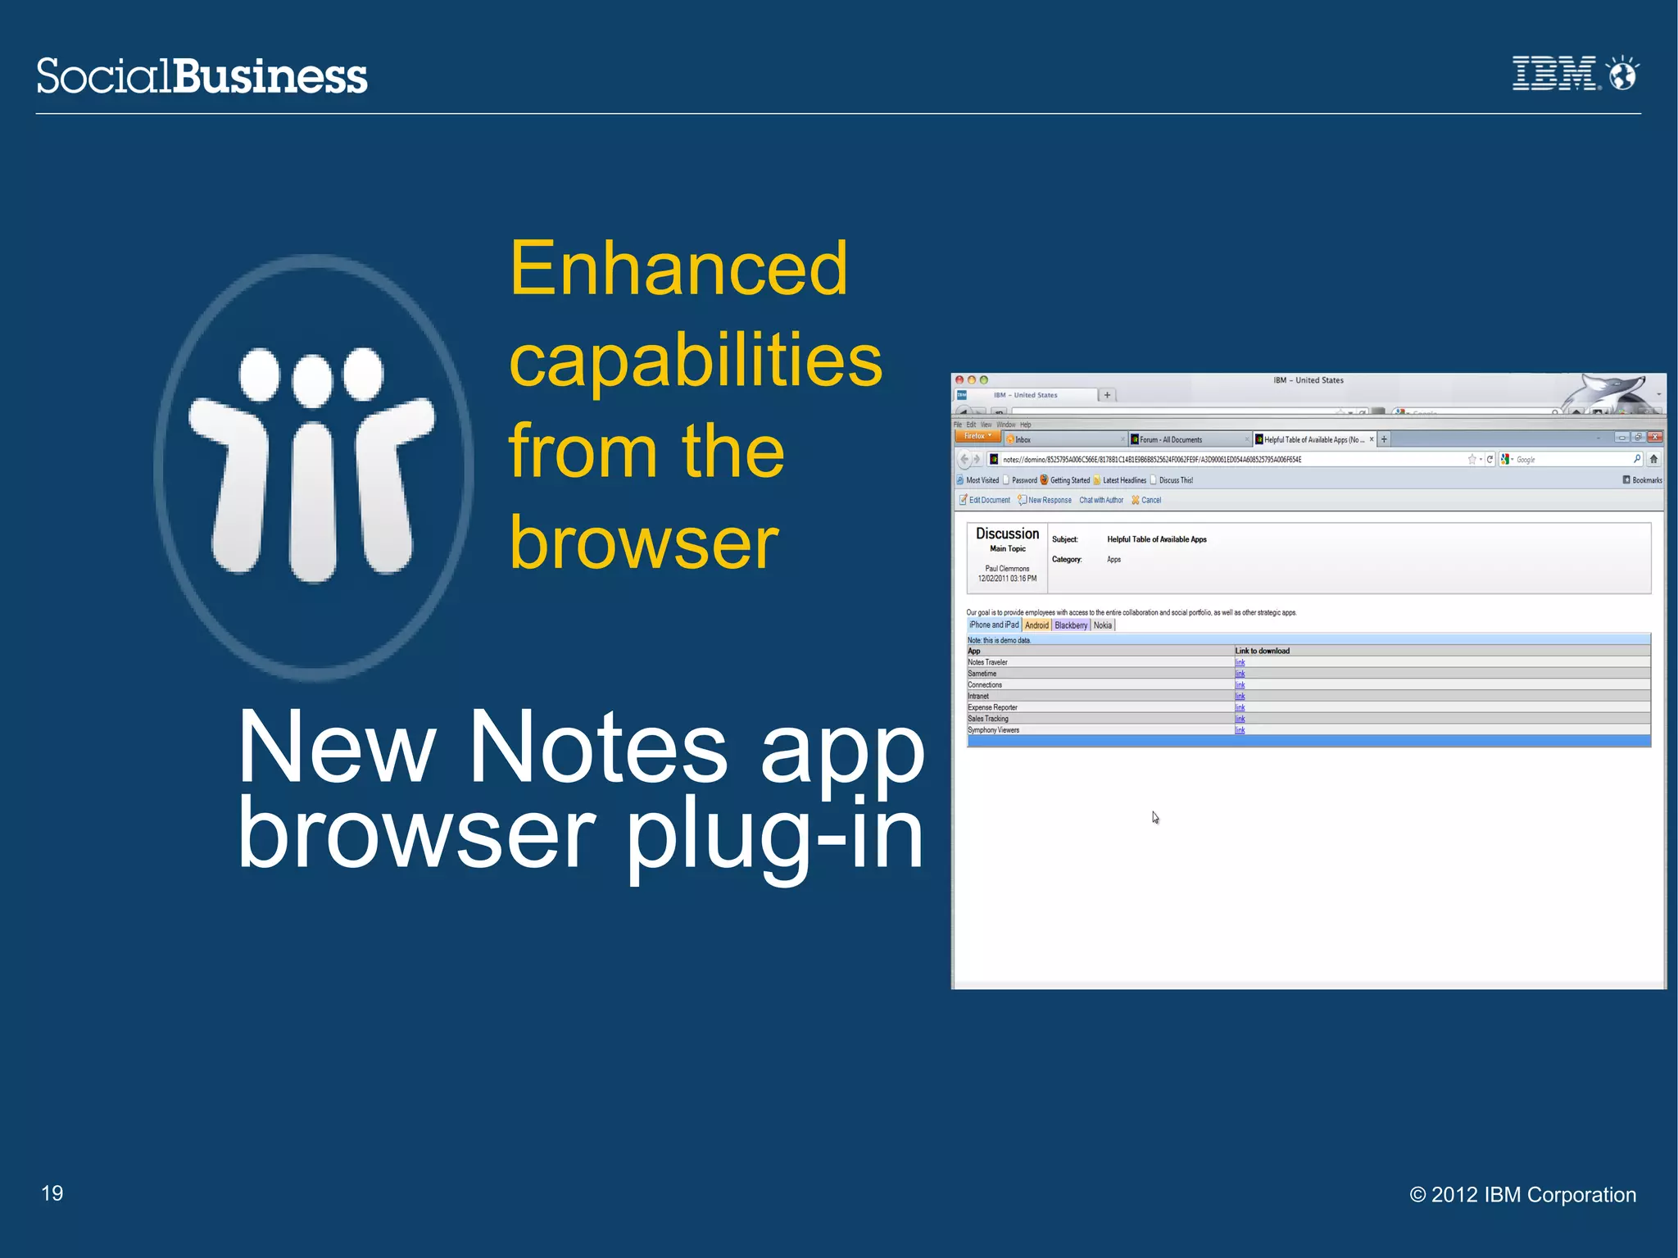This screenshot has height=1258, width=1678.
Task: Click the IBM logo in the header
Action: (1553, 74)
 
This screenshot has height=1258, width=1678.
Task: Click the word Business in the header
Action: (270, 76)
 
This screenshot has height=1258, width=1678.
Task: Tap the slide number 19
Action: (52, 1193)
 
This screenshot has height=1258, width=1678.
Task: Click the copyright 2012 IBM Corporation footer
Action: (1522, 1195)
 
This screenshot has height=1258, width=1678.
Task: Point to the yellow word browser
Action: (644, 543)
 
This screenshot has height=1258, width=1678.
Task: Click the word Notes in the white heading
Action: (597, 747)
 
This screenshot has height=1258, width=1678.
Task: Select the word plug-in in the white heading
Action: (775, 834)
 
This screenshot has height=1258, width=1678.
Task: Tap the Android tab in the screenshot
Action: (1036, 625)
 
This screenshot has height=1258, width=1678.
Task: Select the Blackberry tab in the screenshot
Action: (1071, 625)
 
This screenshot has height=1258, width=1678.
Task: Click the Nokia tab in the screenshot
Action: (1103, 625)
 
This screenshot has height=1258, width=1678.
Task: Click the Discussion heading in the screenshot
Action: (1007, 534)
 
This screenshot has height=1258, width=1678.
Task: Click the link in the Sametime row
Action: (1240, 674)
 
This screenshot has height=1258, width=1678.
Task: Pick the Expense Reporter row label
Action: (992, 707)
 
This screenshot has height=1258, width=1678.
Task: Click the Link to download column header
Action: (1262, 651)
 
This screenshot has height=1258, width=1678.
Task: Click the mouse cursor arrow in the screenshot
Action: (1154, 817)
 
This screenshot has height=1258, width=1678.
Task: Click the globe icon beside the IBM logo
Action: (1622, 74)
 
